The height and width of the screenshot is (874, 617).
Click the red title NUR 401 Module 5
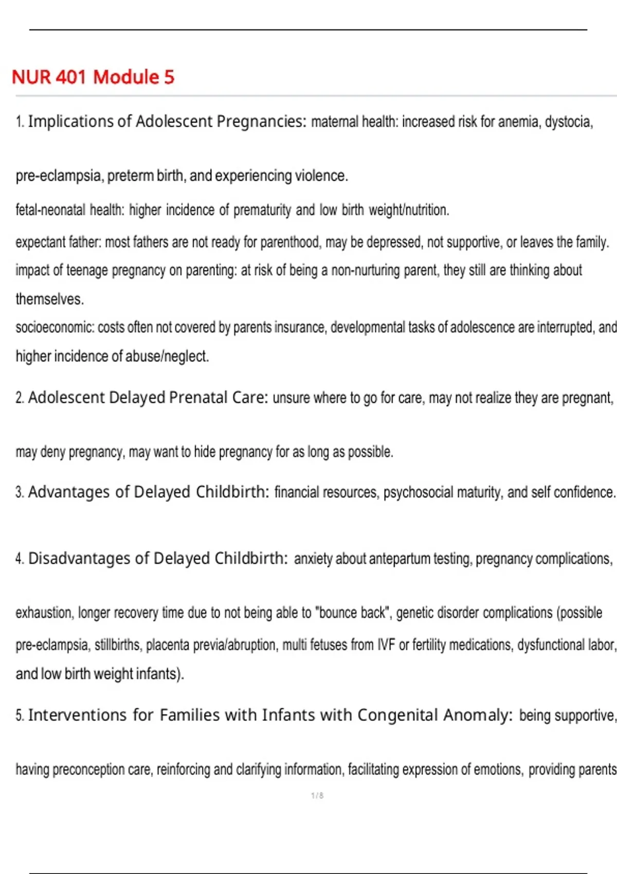[x=93, y=77]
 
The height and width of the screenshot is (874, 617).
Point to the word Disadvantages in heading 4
[x=79, y=558]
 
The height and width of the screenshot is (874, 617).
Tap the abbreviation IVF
[x=386, y=645]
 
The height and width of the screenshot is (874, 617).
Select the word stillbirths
[x=118, y=645]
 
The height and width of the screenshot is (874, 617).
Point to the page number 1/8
[x=317, y=796]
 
